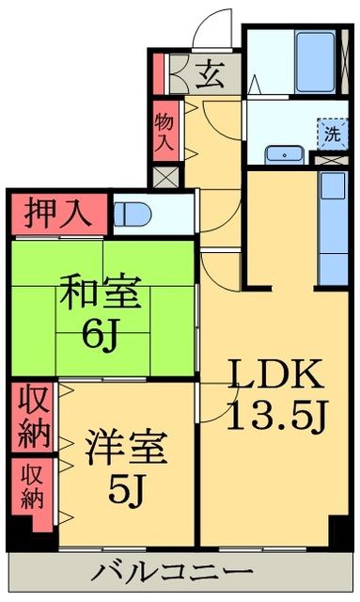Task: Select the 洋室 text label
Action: (128, 447)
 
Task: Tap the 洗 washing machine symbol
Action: (332, 133)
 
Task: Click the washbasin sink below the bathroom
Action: (281, 155)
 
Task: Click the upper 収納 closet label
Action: (32, 415)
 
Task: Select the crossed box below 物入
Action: (164, 175)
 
